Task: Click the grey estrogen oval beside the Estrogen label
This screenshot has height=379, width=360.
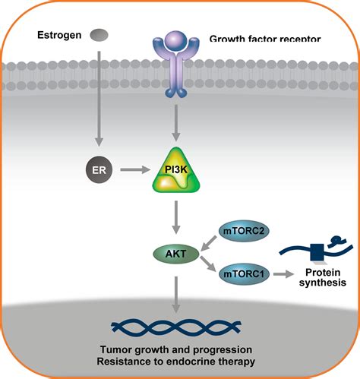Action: pos(99,35)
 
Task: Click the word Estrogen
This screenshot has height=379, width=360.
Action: pos(59,35)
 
